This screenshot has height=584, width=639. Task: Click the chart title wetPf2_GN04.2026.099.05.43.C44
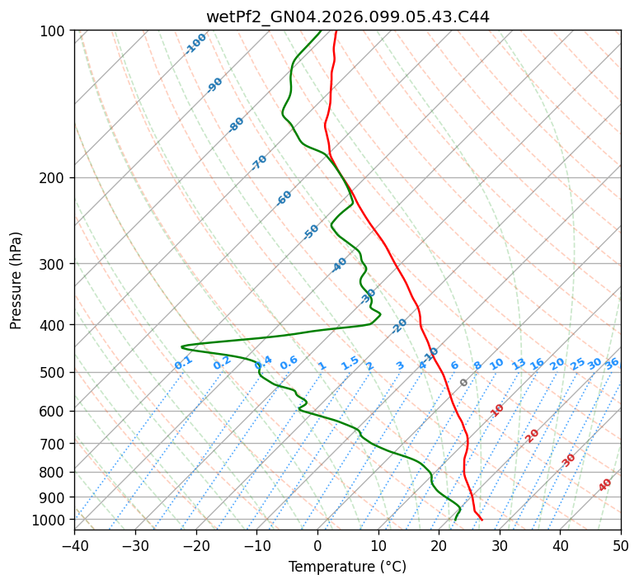pyautogui.click(x=347, y=16)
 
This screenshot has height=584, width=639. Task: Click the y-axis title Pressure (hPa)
pyautogui.click(x=16, y=280)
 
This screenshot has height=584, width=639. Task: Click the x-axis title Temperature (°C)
pyautogui.click(x=347, y=567)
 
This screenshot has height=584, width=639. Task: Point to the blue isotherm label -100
pyautogui.click(x=195, y=44)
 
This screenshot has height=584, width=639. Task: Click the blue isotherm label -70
pyautogui.click(x=259, y=162)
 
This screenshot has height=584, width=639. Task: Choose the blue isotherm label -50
pyautogui.click(x=311, y=232)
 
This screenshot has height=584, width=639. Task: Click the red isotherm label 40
pyautogui.click(x=605, y=485)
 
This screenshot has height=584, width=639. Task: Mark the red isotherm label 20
pyautogui.click(x=533, y=435)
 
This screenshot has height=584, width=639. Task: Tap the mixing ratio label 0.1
pyautogui.click(x=183, y=363)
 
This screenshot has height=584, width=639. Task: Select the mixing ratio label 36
pyautogui.click(x=612, y=363)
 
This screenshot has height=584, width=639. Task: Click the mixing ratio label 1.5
pyautogui.click(x=350, y=363)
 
